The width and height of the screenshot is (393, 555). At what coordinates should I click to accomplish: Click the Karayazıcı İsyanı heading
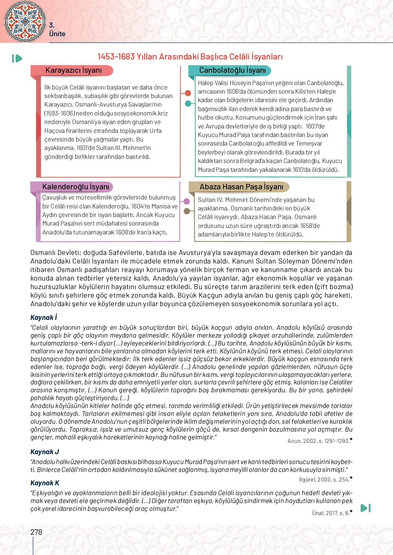click(x=73, y=70)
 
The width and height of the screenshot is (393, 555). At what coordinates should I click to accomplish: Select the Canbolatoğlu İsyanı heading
click(x=232, y=70)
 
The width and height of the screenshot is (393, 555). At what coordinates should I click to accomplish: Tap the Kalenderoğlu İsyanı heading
click(x=75, y=187)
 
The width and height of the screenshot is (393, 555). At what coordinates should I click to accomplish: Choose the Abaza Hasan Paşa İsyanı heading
click(x=241, y=187)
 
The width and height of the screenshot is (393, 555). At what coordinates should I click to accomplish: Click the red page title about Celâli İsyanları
click(x=190, y=57)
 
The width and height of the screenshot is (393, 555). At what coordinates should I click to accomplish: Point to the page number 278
click(x=36, y=532)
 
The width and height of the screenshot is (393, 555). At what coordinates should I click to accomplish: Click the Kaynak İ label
click(x=44, y=317)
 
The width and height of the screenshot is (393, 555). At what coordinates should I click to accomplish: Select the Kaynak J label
click(x=45, y=452)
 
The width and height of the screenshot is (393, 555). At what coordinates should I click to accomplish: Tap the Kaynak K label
click(x=45, y=483)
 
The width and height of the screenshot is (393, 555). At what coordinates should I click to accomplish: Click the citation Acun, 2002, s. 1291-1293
click(x=318, y=441)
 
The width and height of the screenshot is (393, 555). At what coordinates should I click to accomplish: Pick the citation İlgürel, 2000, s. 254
click(x=324, y=479)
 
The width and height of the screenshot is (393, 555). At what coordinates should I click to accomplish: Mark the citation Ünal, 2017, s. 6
click(x=331, y=513)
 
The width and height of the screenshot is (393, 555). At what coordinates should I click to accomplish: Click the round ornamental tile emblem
click(x=25, y=21)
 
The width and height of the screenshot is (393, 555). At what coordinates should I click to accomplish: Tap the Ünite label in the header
click(x=57, y=34)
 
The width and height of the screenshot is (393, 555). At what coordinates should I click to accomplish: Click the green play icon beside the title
click(x=17, y=58)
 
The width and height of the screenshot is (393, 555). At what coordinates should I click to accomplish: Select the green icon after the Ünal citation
click(x=365, y=508)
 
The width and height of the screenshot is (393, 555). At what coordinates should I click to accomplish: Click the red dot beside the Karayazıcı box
click(x=188, y=93)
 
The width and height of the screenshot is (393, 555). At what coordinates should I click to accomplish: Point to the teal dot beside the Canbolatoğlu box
click(x=188, y=103)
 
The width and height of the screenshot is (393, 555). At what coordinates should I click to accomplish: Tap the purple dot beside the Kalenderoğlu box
click(x=186, y=201)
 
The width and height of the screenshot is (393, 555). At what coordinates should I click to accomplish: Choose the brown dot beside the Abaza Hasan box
click(x=187, y=211)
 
